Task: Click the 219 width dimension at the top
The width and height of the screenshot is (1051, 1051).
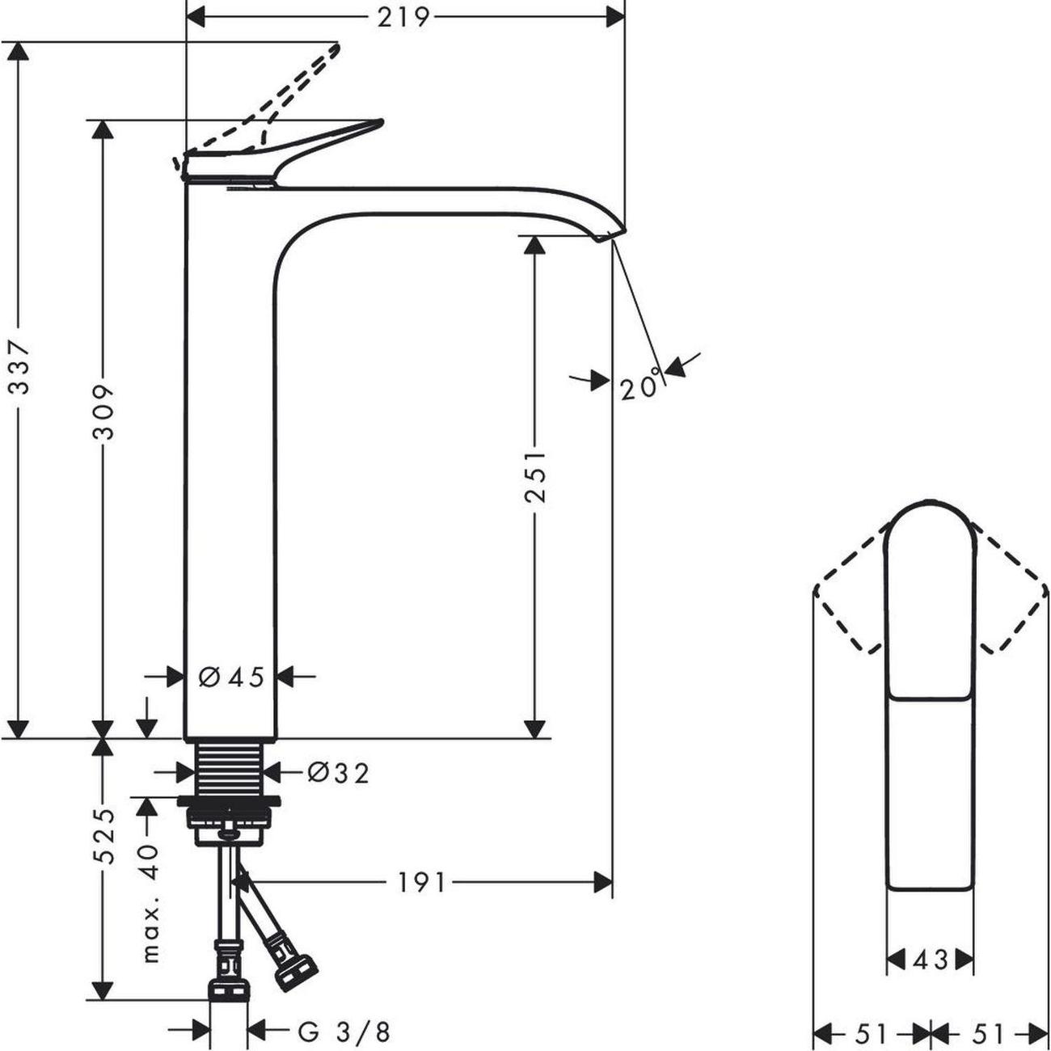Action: coord(403,17)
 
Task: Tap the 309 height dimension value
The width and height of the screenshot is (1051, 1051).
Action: coord(103,412)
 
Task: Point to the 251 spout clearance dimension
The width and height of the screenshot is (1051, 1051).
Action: coord(534,476)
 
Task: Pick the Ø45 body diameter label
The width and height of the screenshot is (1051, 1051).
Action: coord(231,677)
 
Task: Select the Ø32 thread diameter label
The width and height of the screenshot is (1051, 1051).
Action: coord(338,774)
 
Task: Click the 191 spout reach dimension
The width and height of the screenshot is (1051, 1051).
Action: coord(421,883)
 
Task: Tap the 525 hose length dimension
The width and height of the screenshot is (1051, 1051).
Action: coord(103,836)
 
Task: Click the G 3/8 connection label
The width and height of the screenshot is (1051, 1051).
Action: coord(344,1032)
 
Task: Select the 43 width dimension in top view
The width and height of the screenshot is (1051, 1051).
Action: coord(930,960)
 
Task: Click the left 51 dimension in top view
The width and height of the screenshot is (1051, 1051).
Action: coord(871,1033)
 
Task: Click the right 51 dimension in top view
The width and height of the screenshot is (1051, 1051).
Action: coord(988,1033)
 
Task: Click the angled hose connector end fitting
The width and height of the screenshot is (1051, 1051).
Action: coord(295,973)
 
